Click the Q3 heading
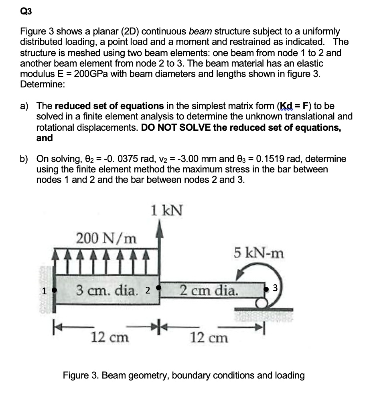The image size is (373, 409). tap(26, 12)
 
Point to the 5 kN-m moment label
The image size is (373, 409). tap(259, 253)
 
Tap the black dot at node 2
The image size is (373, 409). tap(159, 288)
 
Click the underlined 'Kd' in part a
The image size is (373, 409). tap(286, 106)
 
